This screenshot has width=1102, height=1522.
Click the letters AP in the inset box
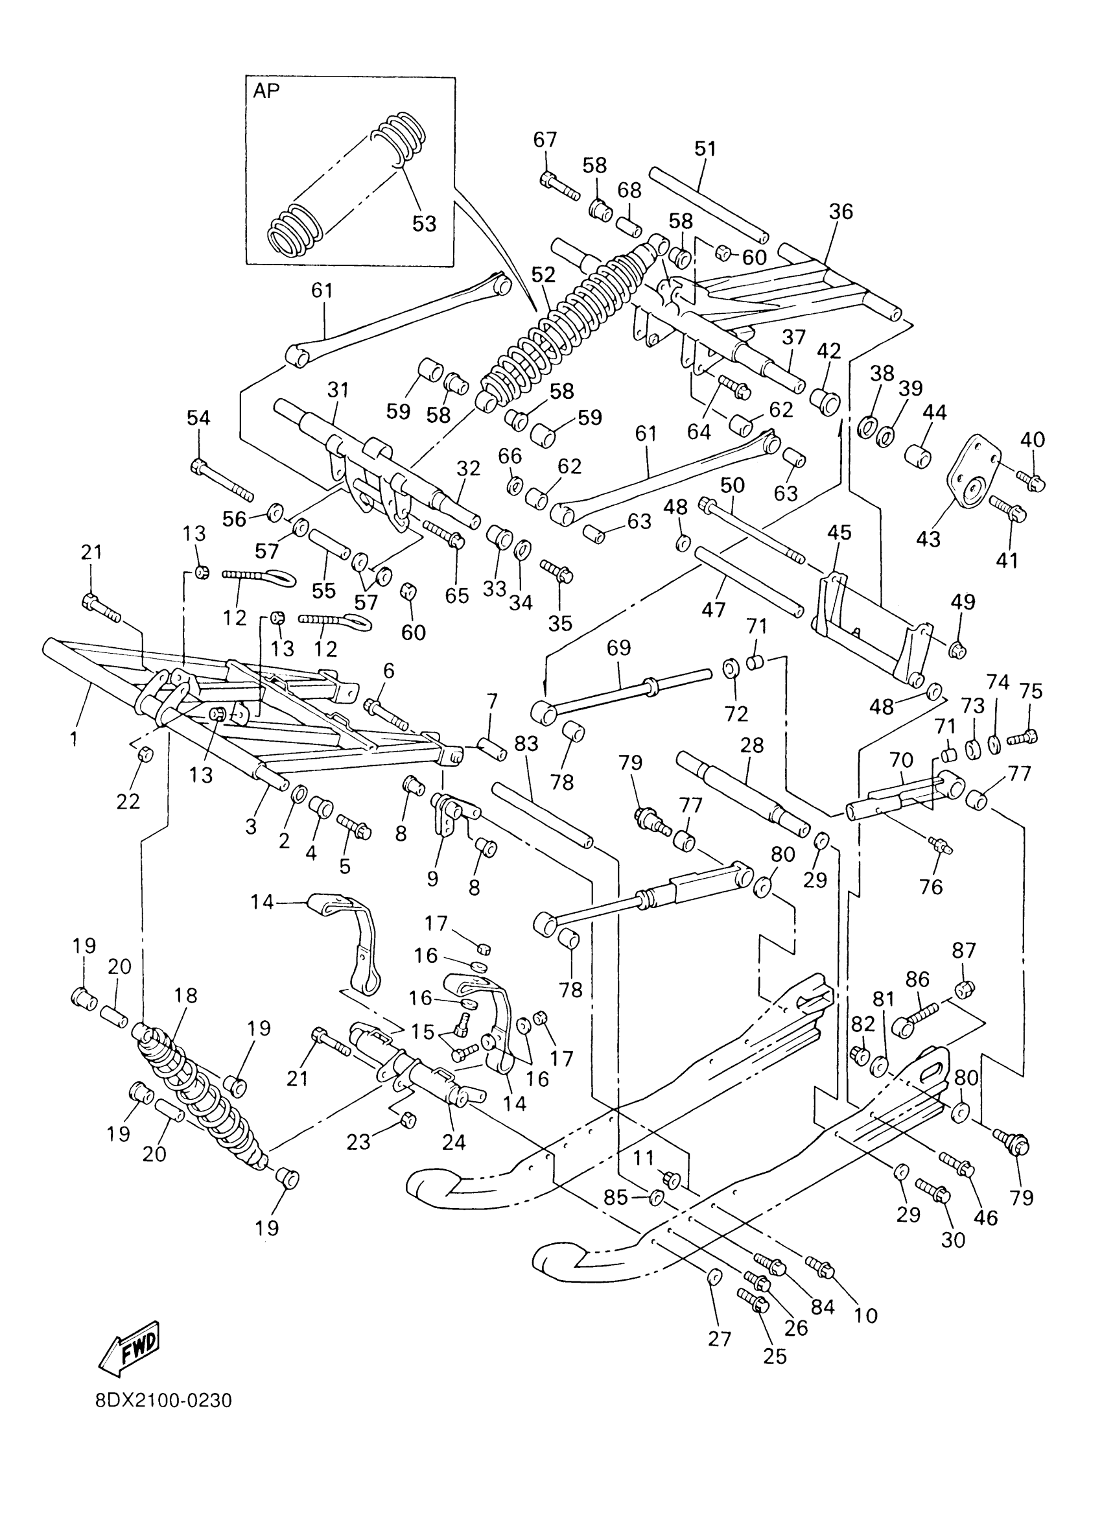pyautogui.click(x=266, y=91)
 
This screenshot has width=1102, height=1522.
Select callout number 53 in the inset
pyautogui.click(x=424, y=224)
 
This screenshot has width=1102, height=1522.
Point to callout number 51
pyautogui.click(x=705, y=149)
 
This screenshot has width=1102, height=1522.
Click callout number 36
pyautogui.click(x=841, y=212)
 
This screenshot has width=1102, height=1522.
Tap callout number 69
pyautogui.click(x=618, y=648)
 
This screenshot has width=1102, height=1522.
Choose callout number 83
pyautogui.click(x=526, y=744)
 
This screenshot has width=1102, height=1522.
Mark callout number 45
pyautogui.click(x=839, y=532)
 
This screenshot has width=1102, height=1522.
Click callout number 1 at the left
pyautogui.click(x=74, y=739)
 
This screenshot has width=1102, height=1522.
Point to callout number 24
pyautogui.click(x=454, y=1142)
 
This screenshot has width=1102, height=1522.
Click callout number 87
pyautogui.click(x=964, y=950)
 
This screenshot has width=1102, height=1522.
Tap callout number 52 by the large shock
pyautogui.click(x=543, y=274)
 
